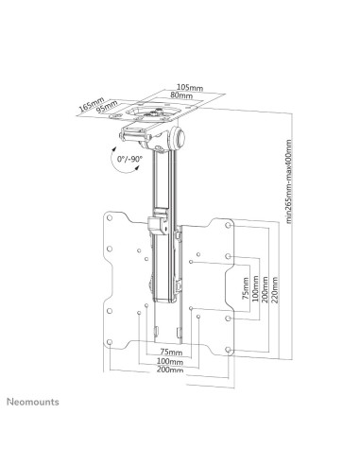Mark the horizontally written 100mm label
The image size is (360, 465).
point(170,361)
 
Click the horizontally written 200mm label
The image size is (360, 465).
point(170,372)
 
